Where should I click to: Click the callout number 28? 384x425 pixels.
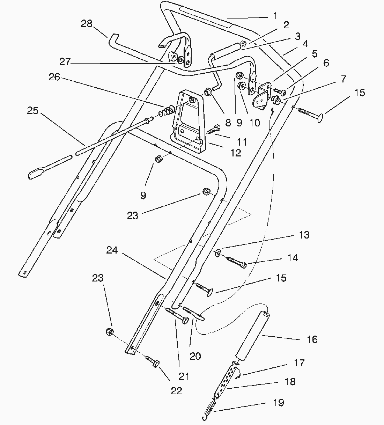(87, 24)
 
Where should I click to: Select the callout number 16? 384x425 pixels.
(312, 339)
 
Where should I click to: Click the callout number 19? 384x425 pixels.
(279, 403)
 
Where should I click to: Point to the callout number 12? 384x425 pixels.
(236, 153)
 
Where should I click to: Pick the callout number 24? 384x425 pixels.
(112, 250)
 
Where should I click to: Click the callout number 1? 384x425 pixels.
(275, 16)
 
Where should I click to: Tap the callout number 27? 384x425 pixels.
(65, 62)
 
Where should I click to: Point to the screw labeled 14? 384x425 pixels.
(236, 262)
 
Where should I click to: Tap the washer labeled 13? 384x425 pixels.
(217, 252)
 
